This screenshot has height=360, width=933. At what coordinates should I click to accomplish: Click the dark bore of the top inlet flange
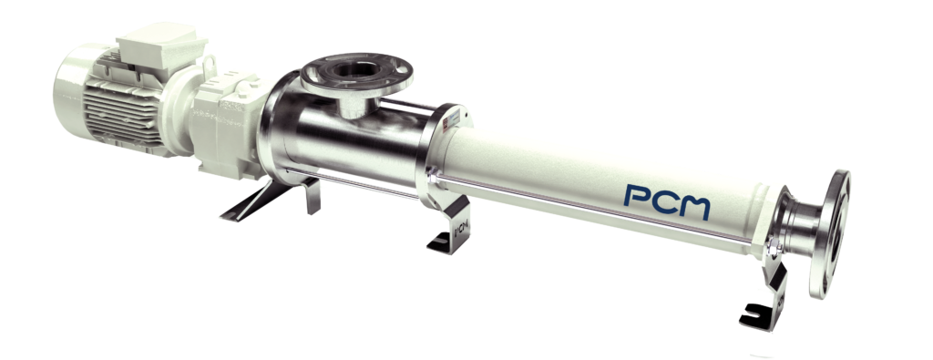(x=352, y=70)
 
